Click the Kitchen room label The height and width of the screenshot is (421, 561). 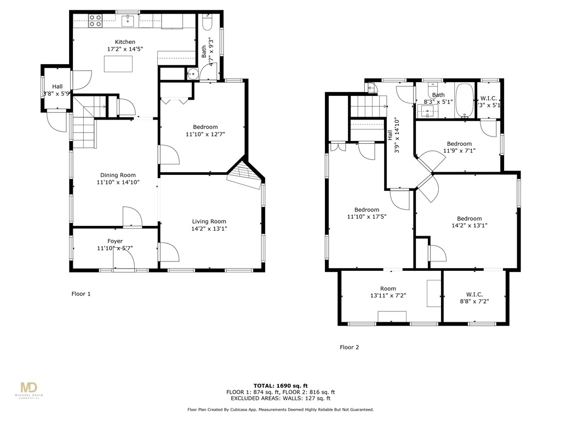pyautogui.click(x=125, y=42)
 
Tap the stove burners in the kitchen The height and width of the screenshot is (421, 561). pyautogui.click(x=95, y=21)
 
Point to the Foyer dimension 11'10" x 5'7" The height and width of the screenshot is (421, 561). pyautogui.click(x=115, y=248)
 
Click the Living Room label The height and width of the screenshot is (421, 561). pyautogui.click(x=209, y=221)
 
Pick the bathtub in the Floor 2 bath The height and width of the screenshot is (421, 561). pyautogui.click(x=464, y=100)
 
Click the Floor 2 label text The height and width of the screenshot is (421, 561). pyautogui.click(x=350, y=347)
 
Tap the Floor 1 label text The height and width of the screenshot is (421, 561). pyautogui.click(x=81, y=294)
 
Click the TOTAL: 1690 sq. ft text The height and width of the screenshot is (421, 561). pyautogui.click(x=280, y=385)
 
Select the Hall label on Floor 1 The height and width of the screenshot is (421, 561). pyautogui.click(x=57, y=87)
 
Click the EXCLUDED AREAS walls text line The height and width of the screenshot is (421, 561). pyautogui.click(x=280, y=399)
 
